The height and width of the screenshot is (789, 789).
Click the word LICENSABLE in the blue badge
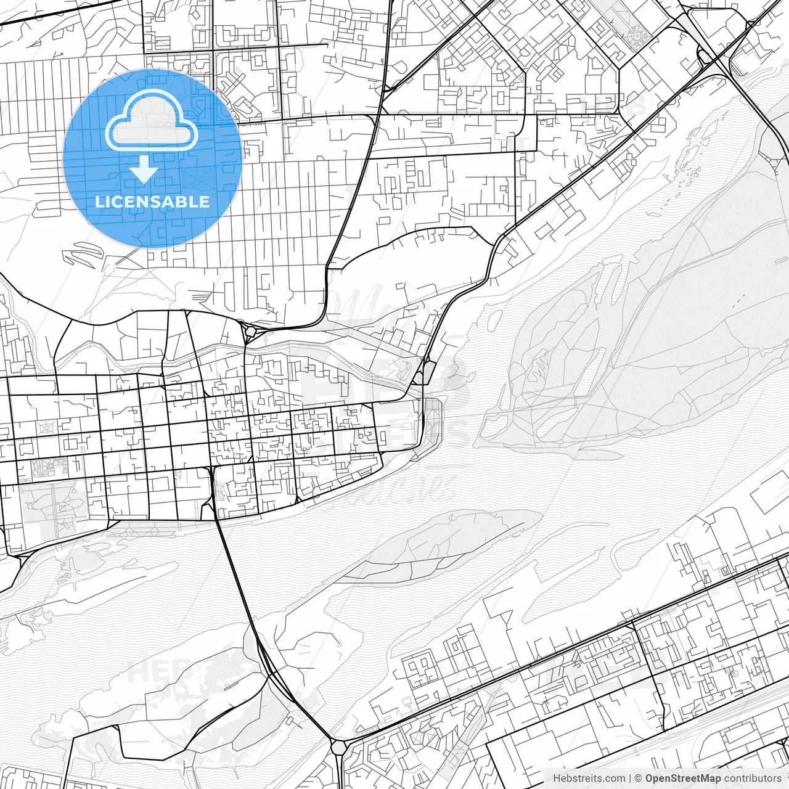[x=152, y=202]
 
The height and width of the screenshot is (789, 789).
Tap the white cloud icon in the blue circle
[x=151, y=124]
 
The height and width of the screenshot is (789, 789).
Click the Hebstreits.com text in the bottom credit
[x=589, y=779]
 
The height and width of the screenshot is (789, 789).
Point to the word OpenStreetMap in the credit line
[x=683, y=779]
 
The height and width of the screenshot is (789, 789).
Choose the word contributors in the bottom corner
[x=753, y=779]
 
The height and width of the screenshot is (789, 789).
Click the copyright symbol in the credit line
[x=639, y=779]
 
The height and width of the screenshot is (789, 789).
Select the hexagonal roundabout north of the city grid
[x=250, y=332]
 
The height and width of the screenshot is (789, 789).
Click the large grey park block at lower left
[x=52, y=505]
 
